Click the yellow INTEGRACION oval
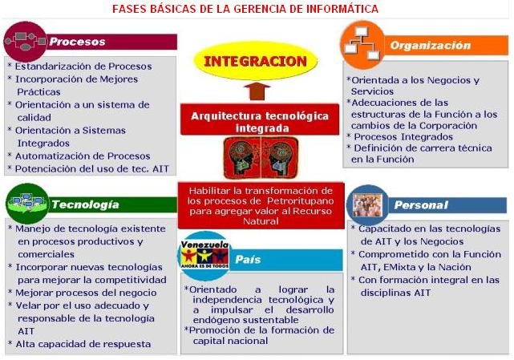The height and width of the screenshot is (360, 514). [x=255, y=61]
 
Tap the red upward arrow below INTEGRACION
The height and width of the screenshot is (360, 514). [x=257, y=91]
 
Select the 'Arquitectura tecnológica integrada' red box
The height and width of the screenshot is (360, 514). [x=260, y=120]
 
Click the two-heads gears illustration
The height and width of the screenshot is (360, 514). [x=261, y=158]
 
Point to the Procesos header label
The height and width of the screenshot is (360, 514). [x=77, y=42]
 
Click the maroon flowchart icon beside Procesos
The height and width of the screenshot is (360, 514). [x=25, y=42]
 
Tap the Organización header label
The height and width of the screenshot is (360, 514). [x=431, y=45]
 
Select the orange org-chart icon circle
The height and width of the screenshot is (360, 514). [x=362, y=45]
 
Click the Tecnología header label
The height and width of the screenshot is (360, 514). [x=85, y=204]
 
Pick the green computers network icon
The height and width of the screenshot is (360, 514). [x=27, y=204]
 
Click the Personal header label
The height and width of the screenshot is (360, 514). [x=421, y=205]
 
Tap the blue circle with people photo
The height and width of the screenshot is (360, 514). [x=367, y=205]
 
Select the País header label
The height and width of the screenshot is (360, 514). [x=248, y=259]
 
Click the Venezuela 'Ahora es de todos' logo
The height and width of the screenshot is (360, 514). [x=205, y=256]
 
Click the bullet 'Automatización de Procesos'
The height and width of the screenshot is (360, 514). [x=79, y=156]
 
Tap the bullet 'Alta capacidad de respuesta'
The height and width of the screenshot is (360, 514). [x=79, y=344]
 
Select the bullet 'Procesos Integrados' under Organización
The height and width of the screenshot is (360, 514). [x=400, y=137]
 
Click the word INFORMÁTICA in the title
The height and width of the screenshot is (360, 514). [x=342, y=9]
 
